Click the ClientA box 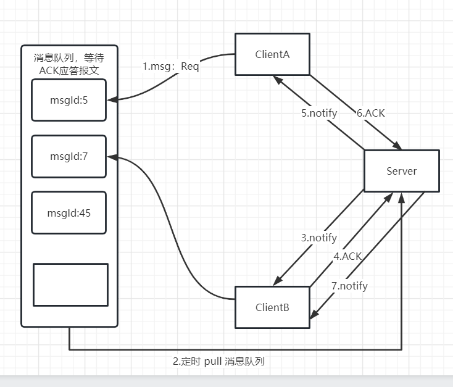pos(272,54)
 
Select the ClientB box pos(272,307)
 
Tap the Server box pos(401,171)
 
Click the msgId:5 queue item pos(69,99)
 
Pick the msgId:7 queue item pos(69,156)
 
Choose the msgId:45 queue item pos(69,213)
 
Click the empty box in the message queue pos(70,285)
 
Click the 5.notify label pos(319,113)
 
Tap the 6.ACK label pos(371,113)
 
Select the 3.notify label pos(319,238)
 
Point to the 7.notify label pos(349,286)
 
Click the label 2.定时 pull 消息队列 pos(218,361)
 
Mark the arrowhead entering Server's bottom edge pos(402,196)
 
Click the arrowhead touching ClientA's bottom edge pos(278,79)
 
